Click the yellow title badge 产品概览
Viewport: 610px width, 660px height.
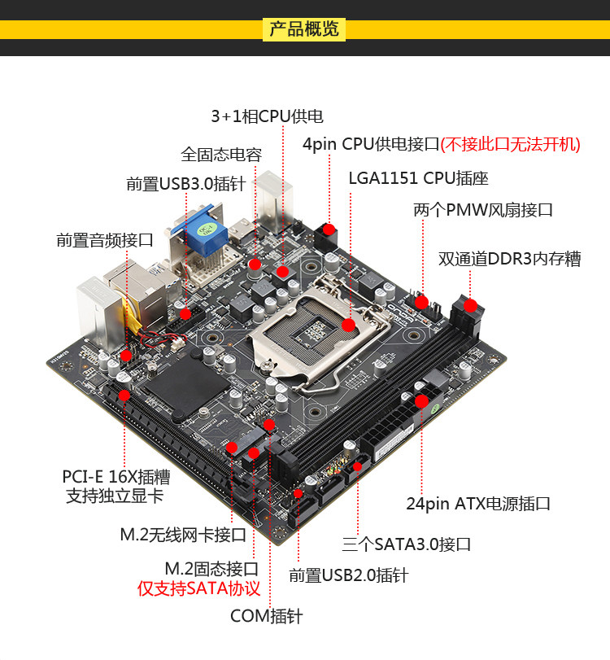303,29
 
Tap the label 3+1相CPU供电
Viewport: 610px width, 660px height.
267,116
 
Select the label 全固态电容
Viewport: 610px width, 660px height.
221,155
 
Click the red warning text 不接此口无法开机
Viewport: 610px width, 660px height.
510,144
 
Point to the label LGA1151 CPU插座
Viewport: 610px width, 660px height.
418,178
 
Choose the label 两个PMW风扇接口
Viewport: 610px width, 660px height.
483,210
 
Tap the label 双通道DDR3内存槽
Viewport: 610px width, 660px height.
509,259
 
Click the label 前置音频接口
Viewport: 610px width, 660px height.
105,240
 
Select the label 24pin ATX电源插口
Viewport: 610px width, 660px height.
478,504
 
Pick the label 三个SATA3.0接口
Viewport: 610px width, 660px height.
407,544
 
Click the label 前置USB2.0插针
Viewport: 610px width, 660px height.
348,575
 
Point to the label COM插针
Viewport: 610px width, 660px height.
266,616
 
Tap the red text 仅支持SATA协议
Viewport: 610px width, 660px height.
199,588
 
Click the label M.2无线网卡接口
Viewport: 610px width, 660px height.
183,535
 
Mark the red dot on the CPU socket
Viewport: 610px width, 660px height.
348,325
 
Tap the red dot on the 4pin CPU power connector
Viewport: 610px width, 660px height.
329,229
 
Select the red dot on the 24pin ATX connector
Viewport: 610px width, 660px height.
421,401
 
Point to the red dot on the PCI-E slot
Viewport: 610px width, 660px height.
124,396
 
